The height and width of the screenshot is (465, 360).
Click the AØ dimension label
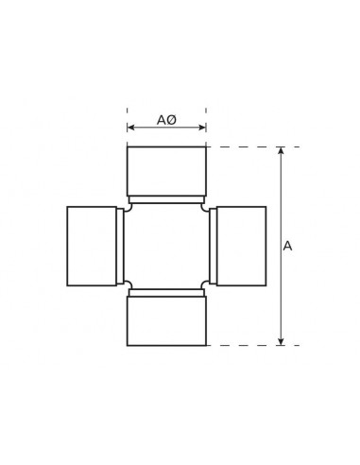pos(166,120)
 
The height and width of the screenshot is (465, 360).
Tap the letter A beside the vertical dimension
pos(287,246)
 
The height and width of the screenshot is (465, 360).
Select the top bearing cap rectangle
pos(166,171)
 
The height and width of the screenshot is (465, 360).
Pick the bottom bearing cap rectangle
pos(166,320)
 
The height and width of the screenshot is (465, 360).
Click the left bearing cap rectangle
pos(92,246)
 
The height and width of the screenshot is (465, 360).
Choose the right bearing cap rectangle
pos(241,246)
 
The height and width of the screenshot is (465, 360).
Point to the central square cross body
pos(166,246)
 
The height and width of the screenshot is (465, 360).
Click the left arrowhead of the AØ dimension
pos(130,128)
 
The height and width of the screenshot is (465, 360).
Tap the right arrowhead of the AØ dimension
pos(202,128)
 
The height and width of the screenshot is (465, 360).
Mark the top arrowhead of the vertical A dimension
pos(281,150)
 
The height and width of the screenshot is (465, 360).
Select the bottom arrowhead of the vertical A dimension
pos(281,341)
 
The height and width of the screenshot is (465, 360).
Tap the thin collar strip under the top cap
pos(166,199)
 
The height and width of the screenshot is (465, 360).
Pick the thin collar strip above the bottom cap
pos(166,293)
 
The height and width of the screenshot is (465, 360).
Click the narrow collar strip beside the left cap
pos(120,246)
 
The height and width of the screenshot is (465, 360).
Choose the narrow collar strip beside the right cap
pos(214,246)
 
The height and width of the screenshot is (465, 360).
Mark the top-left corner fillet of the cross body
pos(129,207)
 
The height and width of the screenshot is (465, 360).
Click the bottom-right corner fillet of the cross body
pos(205,284)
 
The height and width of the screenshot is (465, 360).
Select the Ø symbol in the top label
pos(172,120)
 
